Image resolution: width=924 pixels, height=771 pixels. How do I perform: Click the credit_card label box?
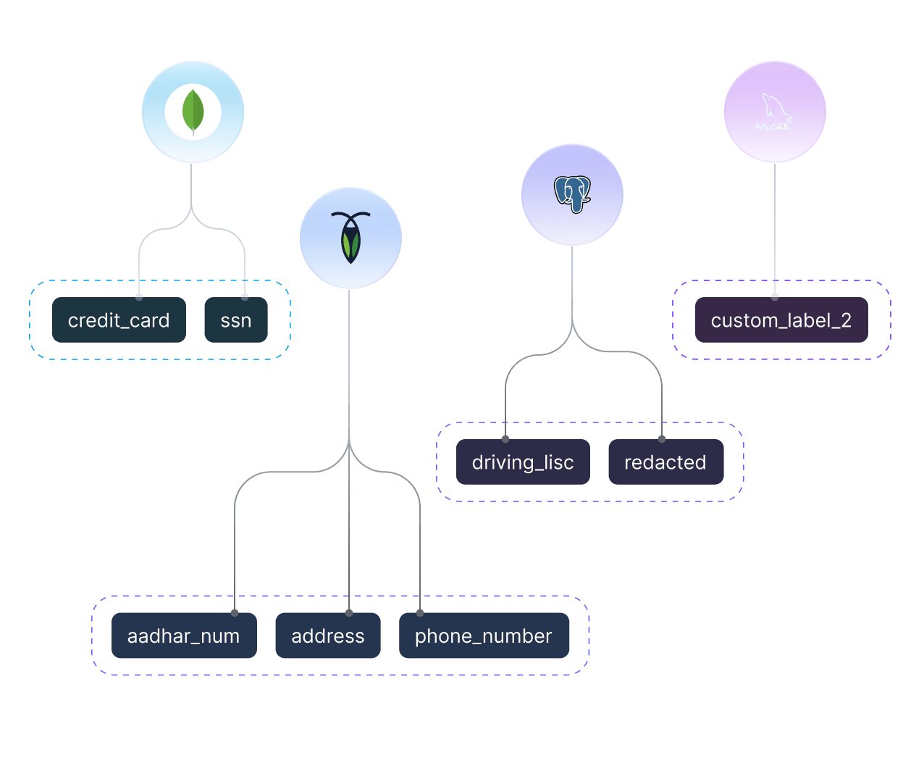[119, 320]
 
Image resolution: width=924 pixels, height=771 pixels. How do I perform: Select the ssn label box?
[236, 320]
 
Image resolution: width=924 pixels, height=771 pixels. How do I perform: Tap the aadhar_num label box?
[184, 636]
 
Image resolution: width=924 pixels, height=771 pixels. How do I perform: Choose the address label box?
[328, 636]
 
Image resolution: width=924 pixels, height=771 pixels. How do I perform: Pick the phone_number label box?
[484, 636]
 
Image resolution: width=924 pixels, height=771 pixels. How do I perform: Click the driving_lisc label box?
[523, 462]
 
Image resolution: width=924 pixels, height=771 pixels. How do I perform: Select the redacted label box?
[665, 462]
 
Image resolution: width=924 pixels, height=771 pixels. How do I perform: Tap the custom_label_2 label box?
[781, 320]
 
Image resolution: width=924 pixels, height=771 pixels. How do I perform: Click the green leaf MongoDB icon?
[193, 112]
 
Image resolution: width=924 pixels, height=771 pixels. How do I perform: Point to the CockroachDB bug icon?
[350, 238]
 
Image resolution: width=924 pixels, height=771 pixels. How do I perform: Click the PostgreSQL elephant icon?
[572, 194]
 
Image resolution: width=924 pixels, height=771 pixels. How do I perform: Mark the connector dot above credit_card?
[139, 296]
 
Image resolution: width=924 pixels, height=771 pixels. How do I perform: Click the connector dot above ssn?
[245, 296]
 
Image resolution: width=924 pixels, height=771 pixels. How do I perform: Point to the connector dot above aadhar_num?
[235, 613]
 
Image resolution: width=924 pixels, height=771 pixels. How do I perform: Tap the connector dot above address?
[349, 613]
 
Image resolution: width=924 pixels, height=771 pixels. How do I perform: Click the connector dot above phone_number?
[420, 613]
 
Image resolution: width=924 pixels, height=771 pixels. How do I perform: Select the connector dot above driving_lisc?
[505, 439]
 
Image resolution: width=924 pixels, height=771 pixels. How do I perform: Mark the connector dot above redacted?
[662, 439]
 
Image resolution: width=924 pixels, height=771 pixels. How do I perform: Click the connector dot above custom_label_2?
[775, 296]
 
